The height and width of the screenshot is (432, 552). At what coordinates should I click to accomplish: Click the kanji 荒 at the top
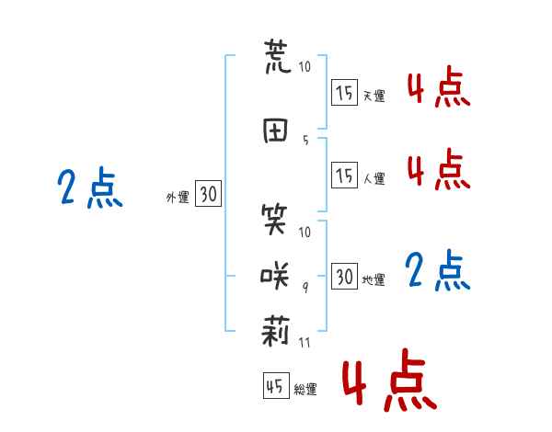point(278,57)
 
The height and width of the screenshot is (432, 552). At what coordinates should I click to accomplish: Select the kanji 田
point(275,131)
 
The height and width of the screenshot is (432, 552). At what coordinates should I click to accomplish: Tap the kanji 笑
point(274,220)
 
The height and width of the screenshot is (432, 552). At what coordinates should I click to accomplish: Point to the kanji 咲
point(274,276)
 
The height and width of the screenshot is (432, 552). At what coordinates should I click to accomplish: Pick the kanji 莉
point(276,330)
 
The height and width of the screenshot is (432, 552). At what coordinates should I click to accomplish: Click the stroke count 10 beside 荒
point(305,66)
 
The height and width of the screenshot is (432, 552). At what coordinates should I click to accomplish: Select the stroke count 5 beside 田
point(305,141)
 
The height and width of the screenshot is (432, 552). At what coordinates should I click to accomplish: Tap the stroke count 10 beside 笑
point(305,232)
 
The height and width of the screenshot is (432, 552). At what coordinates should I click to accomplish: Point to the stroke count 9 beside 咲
point(305,288)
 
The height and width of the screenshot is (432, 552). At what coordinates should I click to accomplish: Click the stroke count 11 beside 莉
point(305,342)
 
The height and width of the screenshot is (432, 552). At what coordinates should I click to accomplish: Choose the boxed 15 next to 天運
point(344,93)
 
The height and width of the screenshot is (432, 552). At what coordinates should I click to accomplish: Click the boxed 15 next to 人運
point(344,175)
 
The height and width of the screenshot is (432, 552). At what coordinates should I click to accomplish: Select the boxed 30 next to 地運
point(344,276)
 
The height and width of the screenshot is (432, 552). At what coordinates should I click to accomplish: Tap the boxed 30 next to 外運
point(209,193)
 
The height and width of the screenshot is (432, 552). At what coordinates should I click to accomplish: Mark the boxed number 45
point(276,385)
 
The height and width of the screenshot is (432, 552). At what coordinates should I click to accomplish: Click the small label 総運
point(305,390)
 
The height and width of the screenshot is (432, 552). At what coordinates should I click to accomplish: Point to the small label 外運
point(178,198)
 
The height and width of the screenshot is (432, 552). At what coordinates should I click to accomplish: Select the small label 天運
point(374,96)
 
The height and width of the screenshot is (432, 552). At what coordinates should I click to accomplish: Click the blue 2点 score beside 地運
point(438,270)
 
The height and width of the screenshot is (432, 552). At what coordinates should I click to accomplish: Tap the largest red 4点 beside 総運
point(390,380)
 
